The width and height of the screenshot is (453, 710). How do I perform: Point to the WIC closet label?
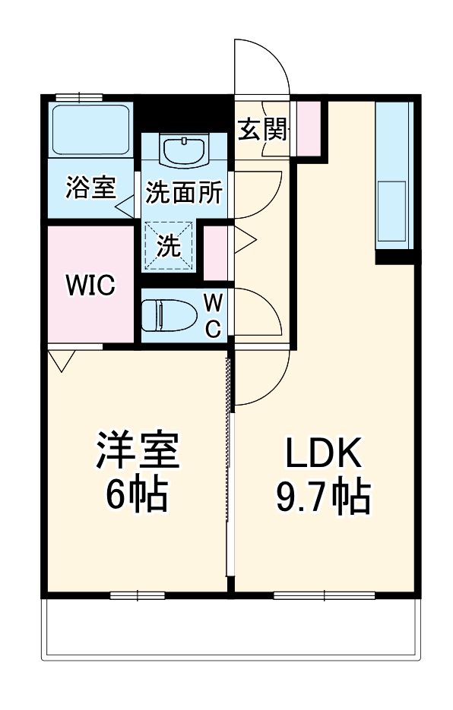[90, 286]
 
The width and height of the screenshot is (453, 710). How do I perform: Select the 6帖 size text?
[137, 496]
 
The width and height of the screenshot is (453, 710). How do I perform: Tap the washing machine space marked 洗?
[169, 245]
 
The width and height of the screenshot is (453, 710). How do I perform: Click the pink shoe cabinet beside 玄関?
[308, 127]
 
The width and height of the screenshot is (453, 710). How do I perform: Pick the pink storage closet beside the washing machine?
[216, 250]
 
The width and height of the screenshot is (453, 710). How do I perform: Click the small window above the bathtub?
[79, 97]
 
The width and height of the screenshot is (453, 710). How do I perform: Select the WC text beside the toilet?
[214, 316]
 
